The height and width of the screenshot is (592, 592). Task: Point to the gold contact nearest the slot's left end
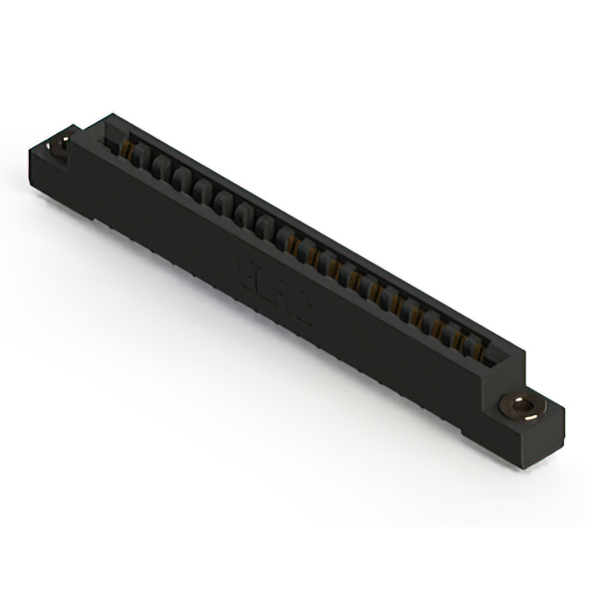tap(129, 148)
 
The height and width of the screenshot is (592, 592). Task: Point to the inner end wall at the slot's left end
tap(115, 141)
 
